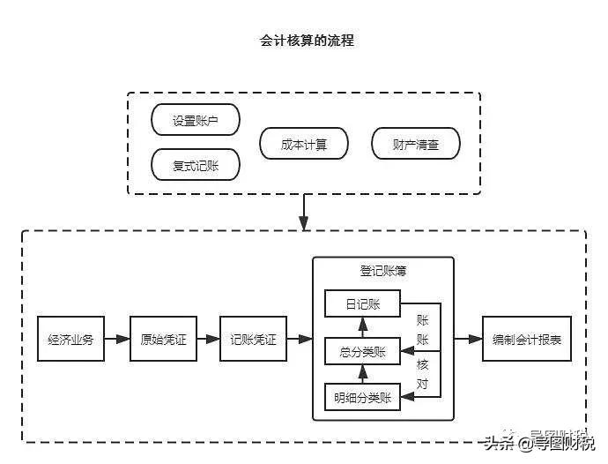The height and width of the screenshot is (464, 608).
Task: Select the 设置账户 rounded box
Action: [196, 121]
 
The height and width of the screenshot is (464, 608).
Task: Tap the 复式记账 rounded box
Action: [196, 164]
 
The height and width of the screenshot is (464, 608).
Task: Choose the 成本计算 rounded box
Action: [304, 144]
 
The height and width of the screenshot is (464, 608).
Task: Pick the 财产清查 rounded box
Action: [415, 144]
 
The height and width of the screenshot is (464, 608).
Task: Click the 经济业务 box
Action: [71, 339]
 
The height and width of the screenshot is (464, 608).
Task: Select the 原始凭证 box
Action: [163, 339]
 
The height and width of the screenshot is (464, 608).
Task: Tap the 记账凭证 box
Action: [253, 339]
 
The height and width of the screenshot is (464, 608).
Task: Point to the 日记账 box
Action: [362, 304]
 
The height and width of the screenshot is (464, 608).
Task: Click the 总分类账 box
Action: [362, 351]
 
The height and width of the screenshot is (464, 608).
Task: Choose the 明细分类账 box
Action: [362, 397]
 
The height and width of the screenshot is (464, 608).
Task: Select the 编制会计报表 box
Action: [526, 339]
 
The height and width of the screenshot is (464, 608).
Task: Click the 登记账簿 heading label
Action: [383, 271]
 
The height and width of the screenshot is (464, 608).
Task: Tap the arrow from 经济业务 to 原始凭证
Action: [117, 339]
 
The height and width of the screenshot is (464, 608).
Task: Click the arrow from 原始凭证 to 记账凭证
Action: [208, 339]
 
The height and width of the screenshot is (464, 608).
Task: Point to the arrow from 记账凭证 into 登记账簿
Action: [300, 339]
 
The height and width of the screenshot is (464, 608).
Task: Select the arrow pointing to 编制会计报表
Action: [468, 339]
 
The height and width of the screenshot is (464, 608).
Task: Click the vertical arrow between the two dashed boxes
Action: [304, 212]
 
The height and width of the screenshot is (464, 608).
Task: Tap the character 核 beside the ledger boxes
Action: [422, 363]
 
